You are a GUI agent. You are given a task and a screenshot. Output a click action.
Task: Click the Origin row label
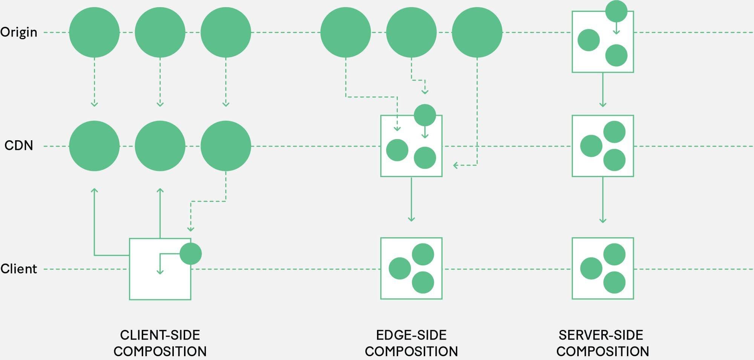pos(19,32)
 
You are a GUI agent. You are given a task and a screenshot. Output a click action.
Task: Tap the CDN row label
pos(19,146)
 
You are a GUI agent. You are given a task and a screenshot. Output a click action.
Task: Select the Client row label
pos(19,269)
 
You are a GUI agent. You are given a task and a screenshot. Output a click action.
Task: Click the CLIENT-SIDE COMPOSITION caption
pos(160,343)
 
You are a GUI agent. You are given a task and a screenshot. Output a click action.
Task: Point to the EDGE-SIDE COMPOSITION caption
pos(411,343)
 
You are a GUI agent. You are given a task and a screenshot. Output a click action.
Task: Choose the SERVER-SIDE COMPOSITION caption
pos(602,343)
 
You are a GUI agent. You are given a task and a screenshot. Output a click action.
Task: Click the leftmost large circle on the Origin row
pos(94,32)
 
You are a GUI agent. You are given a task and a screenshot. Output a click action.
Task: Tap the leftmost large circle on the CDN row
pos(94,146)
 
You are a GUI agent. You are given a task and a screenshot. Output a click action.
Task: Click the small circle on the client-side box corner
pos(191,254)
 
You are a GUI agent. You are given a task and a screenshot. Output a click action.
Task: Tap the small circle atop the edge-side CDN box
pos(425,115)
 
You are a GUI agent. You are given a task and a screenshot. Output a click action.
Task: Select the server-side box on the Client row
pos(602,268)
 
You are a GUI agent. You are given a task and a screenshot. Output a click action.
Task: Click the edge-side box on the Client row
pos(411,268)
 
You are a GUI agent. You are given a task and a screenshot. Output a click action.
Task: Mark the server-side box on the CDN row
pos(602,146)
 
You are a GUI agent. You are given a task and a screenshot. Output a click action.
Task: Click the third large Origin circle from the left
pos(225,32)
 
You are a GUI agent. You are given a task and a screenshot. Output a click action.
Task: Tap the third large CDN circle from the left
pos(225,146)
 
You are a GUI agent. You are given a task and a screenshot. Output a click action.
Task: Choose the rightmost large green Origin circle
pos(477,32)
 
